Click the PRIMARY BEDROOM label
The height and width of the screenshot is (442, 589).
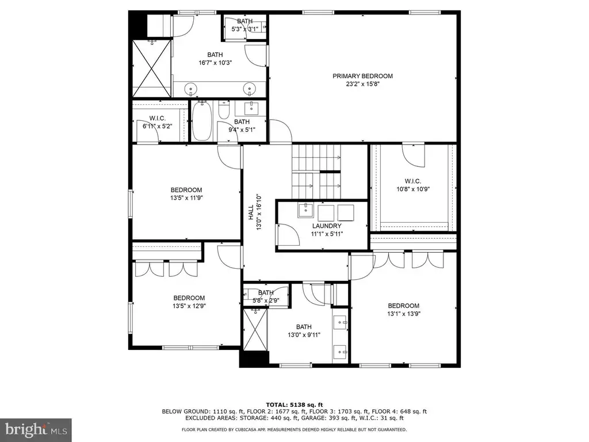[362, 76]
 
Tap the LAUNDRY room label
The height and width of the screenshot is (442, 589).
[327, 226]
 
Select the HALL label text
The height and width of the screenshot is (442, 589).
[251, 212]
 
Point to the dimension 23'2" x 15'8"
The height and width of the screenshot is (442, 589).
[362, 84]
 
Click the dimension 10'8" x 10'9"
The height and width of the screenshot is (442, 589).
[413, 189]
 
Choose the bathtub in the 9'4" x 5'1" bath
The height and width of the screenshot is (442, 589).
[202, 121]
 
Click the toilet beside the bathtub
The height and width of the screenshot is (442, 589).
[224, 109]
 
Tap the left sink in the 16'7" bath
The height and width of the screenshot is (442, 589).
[191, 89]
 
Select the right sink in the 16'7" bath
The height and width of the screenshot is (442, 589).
[249, 89]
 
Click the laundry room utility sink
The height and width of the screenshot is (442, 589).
[306, 211]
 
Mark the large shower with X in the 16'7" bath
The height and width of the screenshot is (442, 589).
[152, 68]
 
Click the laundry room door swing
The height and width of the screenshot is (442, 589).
[288, 234]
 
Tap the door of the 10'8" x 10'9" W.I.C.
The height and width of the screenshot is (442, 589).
[413, 155]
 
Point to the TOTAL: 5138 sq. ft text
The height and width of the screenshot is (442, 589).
[294, 405]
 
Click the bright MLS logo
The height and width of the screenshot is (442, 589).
[36, 430]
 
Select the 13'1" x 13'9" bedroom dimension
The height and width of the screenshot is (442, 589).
[404, 314]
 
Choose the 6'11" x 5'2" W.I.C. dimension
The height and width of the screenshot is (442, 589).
[158, 126]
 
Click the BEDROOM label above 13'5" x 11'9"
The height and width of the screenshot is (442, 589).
[186, 190]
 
